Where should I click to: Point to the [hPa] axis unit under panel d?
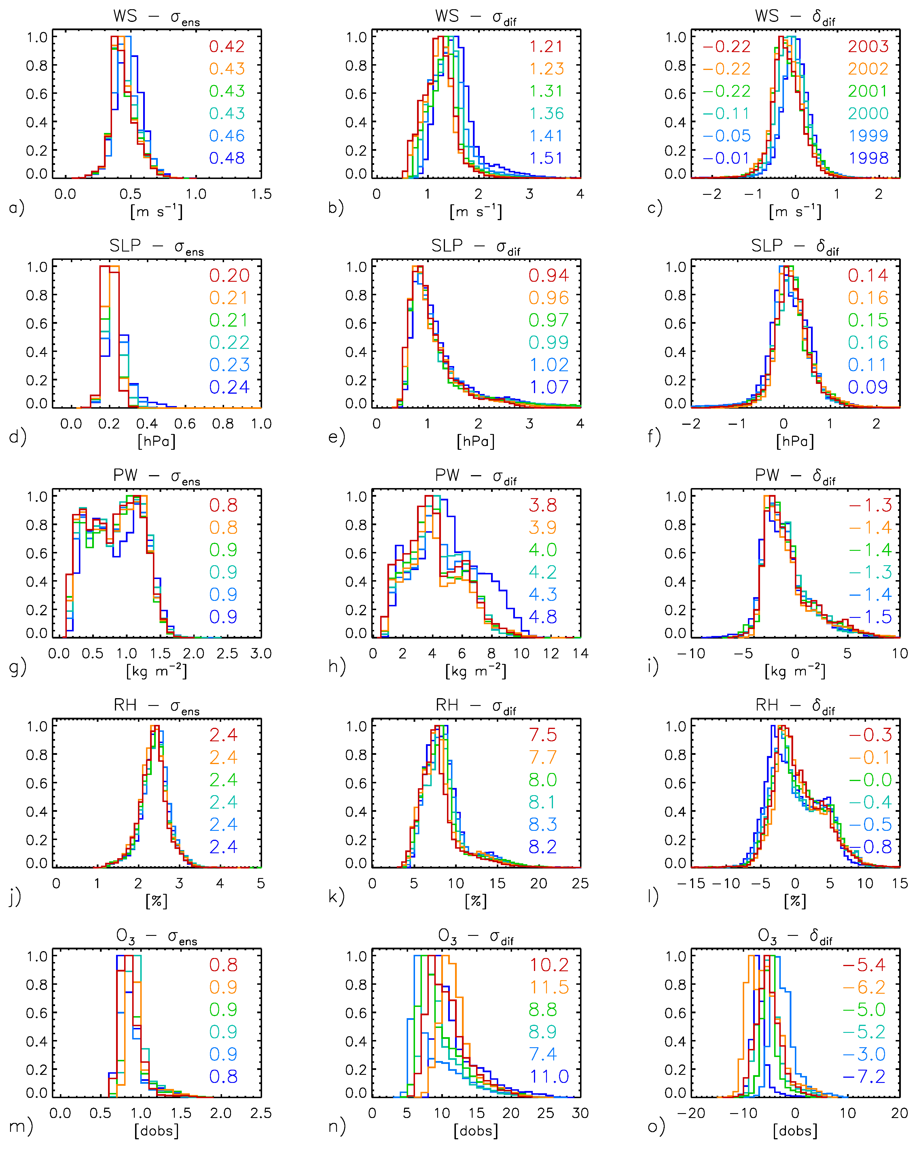(156, 441)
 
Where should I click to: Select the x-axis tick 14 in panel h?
(580, 653)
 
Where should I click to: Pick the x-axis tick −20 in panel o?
(690, 1113)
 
